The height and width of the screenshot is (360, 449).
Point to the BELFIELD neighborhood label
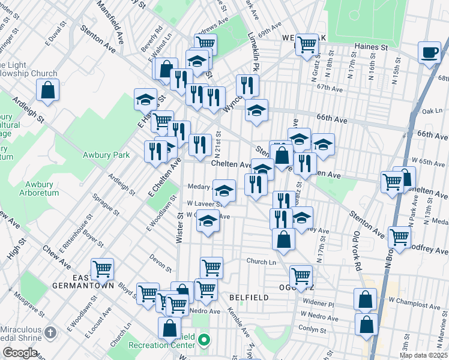pyautogui.click(x=247, y=298)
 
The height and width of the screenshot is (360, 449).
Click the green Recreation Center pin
pyautogui.click(x=204, y=341)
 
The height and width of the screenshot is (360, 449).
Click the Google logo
pyautogui.click(x=20, y=352)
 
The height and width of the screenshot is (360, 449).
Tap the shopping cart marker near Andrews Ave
pyautogui.click(x=206, y=43)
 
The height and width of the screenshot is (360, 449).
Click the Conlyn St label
pyautogui.click(x=313, y=329)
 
